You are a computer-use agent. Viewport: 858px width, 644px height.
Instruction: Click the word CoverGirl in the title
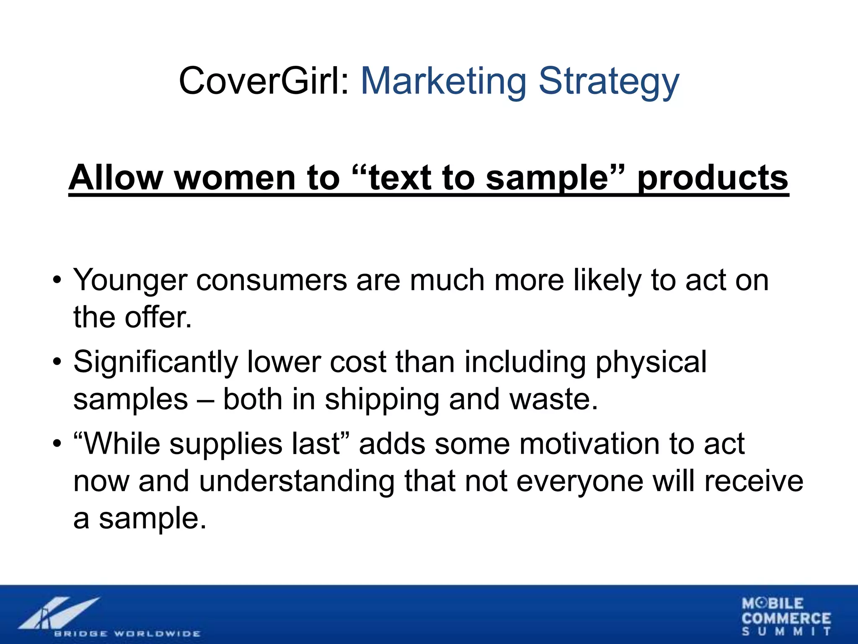point(264,81)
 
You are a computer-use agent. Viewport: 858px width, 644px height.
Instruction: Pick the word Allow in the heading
point(116,178)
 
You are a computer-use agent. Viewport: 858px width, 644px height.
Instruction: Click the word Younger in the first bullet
point(130,280)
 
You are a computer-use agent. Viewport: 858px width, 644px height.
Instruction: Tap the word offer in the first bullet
point(158,317)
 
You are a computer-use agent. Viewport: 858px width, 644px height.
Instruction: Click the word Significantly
point(155,362)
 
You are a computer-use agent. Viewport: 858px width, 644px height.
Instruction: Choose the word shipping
point(382,399)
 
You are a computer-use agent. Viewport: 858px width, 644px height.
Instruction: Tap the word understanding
point(296,481)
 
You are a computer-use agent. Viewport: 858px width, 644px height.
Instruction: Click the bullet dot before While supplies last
point(57,443)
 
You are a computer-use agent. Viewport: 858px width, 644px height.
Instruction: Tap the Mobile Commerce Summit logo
point(786,616)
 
